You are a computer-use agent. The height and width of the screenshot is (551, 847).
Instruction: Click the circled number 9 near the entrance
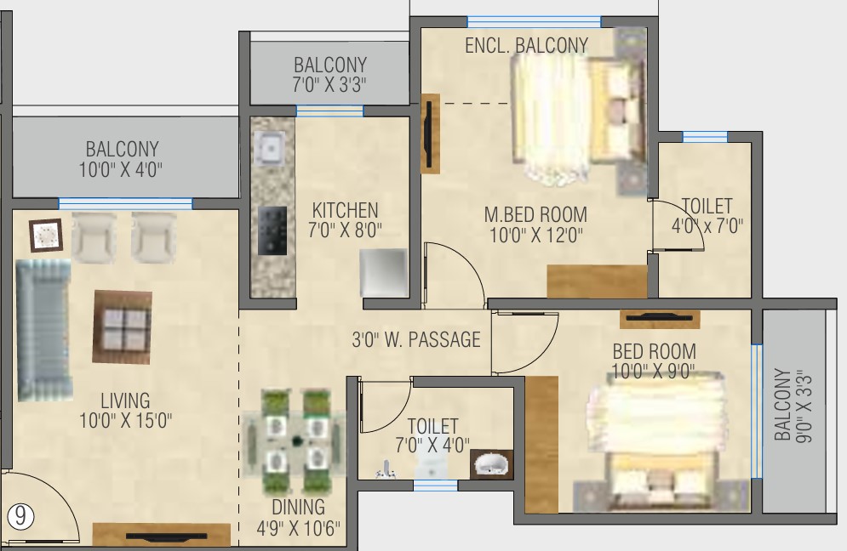[x=20, y=516]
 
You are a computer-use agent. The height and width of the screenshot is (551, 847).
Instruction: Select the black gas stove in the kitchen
[x=272, y=230]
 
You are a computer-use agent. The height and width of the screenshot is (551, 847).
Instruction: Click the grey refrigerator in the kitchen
[x=384, y=272]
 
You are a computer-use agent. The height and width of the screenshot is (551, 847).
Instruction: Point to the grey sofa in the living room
[x=43, y=330]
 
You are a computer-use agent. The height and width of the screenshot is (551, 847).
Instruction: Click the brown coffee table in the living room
[x=122, y=327]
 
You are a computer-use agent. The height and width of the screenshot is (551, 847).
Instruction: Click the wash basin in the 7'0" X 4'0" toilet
[x=491, y=464]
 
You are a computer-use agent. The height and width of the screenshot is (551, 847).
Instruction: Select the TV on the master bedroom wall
[x=431, y=133]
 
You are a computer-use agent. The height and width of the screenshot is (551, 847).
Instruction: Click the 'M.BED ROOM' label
[x=535, y=215]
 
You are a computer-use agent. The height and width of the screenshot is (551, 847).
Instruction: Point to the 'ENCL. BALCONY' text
[x=527, y=45]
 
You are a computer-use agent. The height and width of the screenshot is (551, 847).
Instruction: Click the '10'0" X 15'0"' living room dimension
[x=125, y=420]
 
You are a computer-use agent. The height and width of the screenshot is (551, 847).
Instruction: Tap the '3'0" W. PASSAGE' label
[x=416, y=339]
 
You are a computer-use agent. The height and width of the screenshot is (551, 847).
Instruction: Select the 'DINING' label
[x=298, y=508]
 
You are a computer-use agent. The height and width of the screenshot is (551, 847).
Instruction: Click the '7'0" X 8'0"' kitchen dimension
[x=345, y=230]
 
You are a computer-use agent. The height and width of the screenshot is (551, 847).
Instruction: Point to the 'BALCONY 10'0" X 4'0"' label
[x=122, y=159]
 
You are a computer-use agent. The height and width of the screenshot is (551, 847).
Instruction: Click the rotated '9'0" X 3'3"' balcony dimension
[x=804, y=406]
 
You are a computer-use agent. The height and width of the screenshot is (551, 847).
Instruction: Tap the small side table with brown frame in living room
[x=46, y=235]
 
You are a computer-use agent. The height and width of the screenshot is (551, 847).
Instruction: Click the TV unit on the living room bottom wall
[x=162, y=535]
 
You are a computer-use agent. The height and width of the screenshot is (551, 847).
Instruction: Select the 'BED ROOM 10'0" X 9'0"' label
[x=654, y=361]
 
